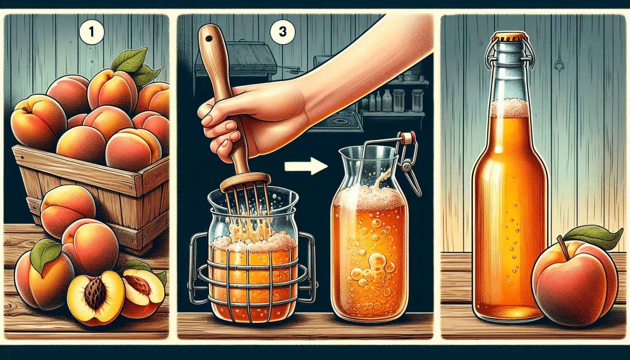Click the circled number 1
coord(91,31)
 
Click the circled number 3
coord(282,31)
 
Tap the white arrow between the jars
coord(306,166)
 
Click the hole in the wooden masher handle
coord(210,39)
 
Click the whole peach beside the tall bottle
coord(574,283)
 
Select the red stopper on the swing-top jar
coord(407,138)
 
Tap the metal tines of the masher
coord(246,205)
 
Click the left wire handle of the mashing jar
coord(195,262)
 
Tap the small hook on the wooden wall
coord(559,65)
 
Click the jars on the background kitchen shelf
coord(394,100)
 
